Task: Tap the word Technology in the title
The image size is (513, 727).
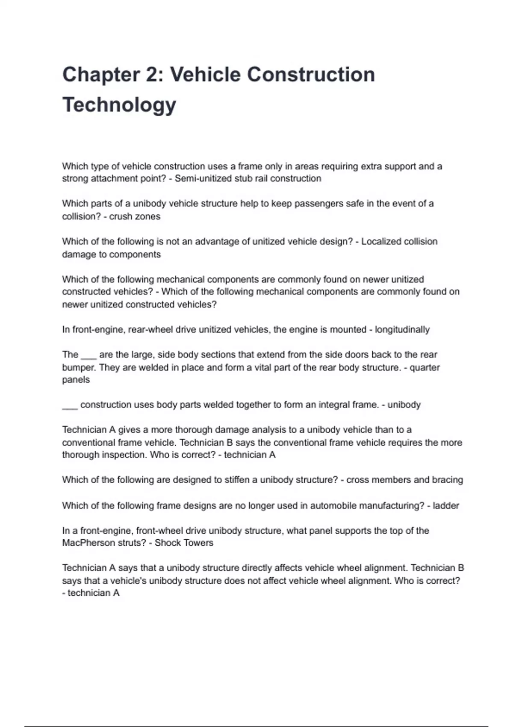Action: pos(119,105)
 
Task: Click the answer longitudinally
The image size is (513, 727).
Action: pos(402,330)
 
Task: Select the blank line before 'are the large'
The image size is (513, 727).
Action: pos(88,356)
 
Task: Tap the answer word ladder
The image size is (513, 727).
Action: pos(446,505)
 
